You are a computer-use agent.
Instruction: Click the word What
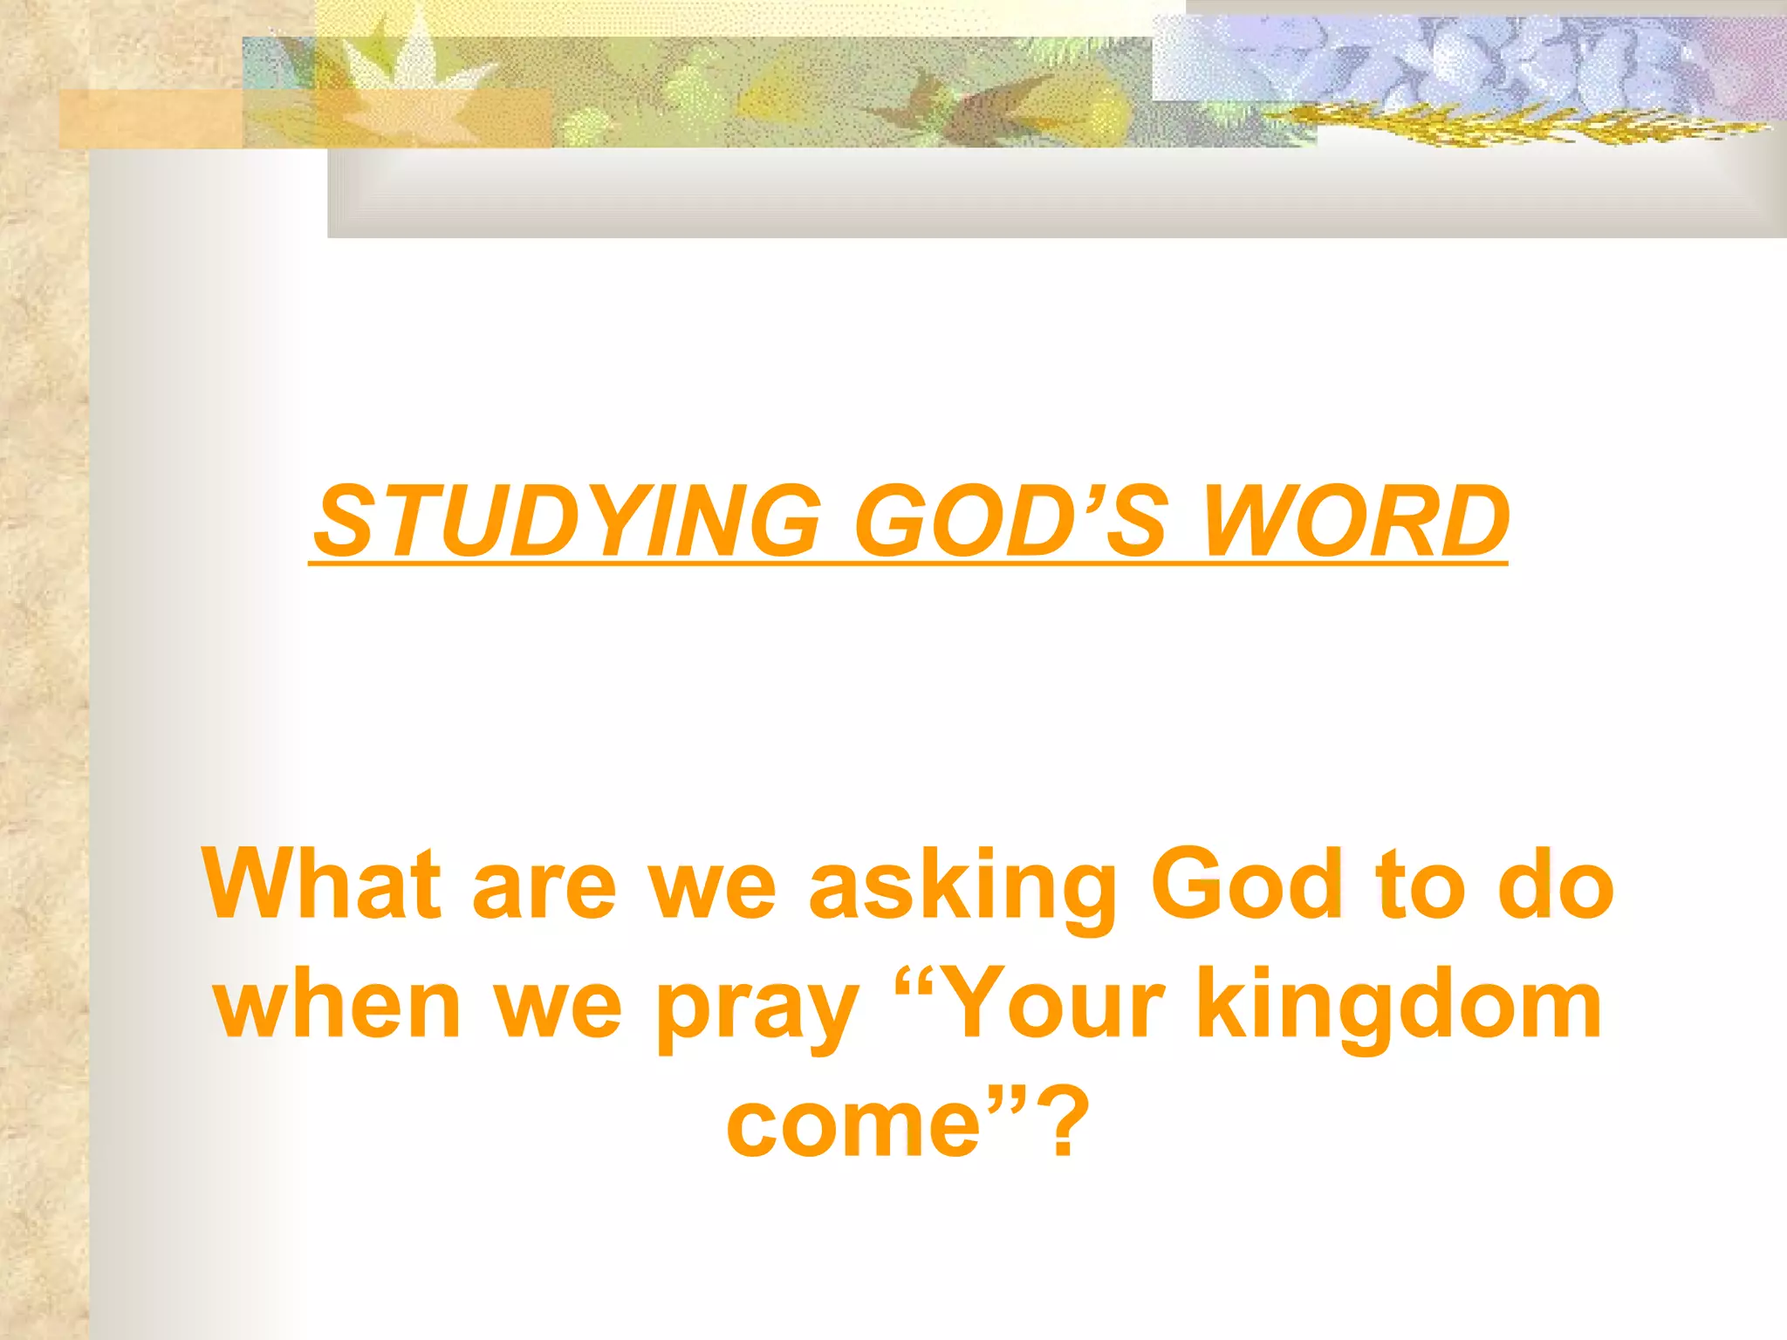322,883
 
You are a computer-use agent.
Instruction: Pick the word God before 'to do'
1247,883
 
